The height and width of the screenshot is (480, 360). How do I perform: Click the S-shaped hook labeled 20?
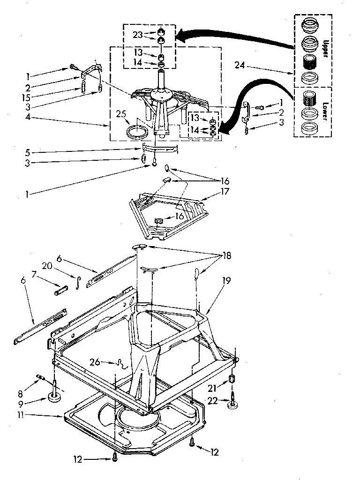(x=79, y=283)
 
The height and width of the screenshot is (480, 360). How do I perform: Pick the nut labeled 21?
(x=231, y=379)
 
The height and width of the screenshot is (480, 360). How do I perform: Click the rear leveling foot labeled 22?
(x=232, y=403)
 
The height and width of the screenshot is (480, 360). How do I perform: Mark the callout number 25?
(x=121, y=113)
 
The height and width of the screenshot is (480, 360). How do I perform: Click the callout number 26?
(x=95, y=361)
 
